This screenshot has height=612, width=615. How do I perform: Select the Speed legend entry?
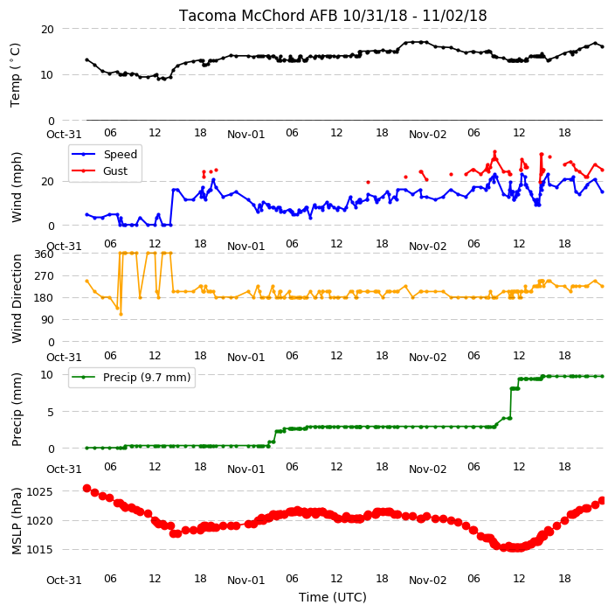(104, 154)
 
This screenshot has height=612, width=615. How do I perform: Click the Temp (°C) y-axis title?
(15, 74)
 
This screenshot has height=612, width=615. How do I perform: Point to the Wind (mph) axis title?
(17, 187)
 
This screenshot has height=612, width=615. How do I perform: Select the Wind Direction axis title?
(17, 298)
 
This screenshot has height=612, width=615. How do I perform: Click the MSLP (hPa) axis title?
(17, 521)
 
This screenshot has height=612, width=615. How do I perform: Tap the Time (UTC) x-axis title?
(333, 597)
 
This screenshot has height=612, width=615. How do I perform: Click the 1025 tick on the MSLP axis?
(39, 492)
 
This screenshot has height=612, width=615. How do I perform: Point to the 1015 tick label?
(39, 550)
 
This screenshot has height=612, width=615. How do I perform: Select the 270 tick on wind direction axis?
(44, 276)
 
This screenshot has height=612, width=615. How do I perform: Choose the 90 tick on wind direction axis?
(47, 320)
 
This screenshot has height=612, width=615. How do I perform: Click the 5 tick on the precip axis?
(51, 412)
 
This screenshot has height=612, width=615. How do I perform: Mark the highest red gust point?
(495, 152)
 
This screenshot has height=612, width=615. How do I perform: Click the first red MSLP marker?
(86, 489)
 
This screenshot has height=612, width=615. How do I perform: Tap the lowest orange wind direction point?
(121, 314)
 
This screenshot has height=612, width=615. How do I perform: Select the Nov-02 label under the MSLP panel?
(427, 581)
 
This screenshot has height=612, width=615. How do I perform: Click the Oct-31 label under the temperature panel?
(64, 135)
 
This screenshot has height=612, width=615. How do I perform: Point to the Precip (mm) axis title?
(17, 409)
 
